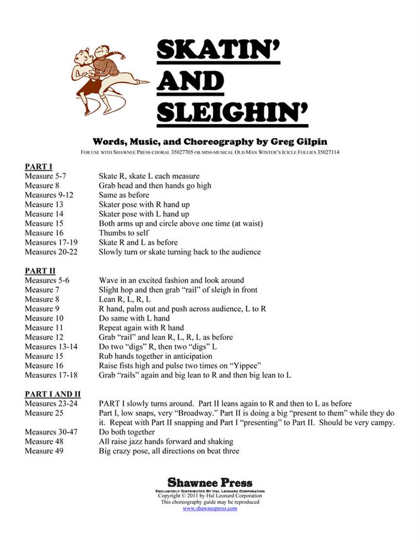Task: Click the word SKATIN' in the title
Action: (x=218, y=50)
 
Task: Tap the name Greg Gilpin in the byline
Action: (x=309, y=141)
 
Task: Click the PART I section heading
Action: (x=38, y=166)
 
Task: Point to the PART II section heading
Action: (x=40, y=270)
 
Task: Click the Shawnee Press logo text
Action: (x=210, y=483)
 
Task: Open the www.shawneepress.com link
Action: (x=210, y=508)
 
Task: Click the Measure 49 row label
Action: (x=45, y=451)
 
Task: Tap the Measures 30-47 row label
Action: (x=51, y=432)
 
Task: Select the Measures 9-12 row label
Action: (x=48, y=195)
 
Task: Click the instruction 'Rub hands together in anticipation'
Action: (x=157, y=356)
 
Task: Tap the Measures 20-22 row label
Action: (x=51, y=252)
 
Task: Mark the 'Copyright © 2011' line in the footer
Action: (x=210, y=496)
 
